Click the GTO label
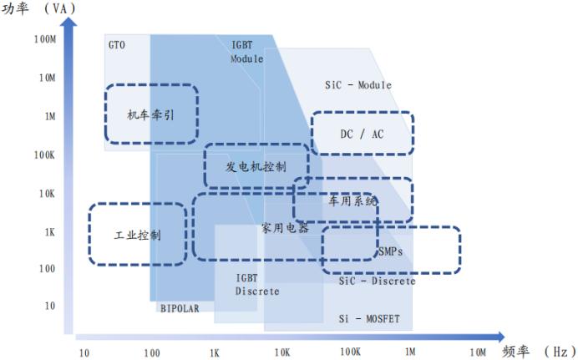pyautogui.click(x=116, y=44)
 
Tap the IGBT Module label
pyautogui.click(x=246, y=51)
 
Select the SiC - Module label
pyautogui.click(x=357, y=85)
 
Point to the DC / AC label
pyautogui.click(x=363, y=134)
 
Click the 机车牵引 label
pyautogui.click(x=151, y=114)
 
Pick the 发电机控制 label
pyautogui.click(x=256, y=165)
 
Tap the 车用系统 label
pyautogui.click(x=352, y=201)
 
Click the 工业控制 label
pyautogui.click(x=138, y=235)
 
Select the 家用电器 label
pyautogui.click(x=284, y=227)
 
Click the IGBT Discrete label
pyautogui.click(x=256, y=284)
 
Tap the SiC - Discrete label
pyautogui.click(x=377, y=281)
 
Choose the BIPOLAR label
pyautogui.click(x=180, y=308)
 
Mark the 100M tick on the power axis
pyautogui.click(x=44, y=39)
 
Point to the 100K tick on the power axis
pyautogui.click(x=44, y=155)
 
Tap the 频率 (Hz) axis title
pyautogui.click(x=539, y=352)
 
